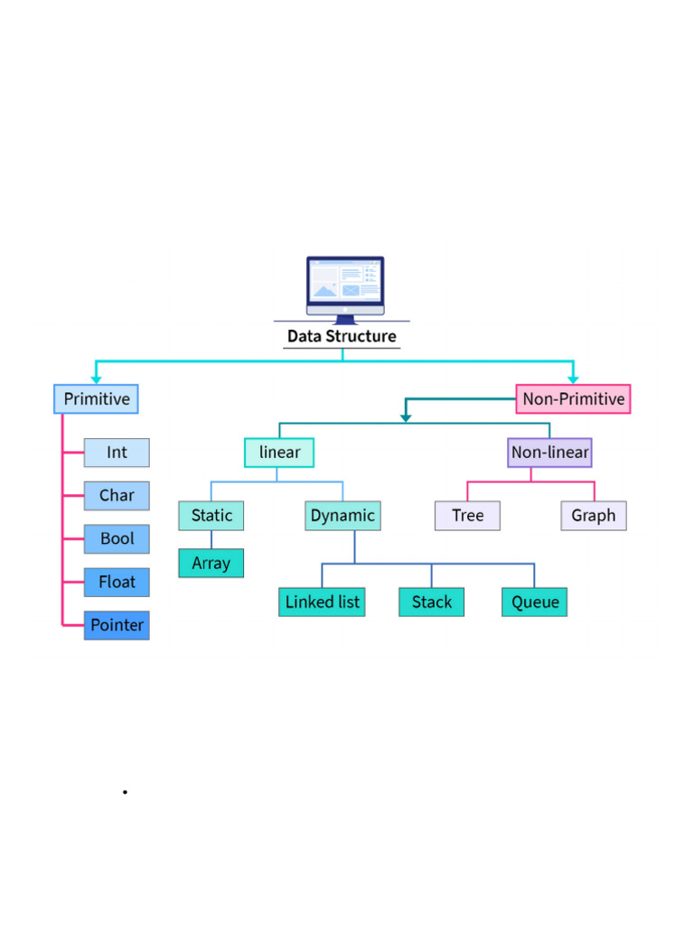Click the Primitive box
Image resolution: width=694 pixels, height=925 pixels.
[96, 399]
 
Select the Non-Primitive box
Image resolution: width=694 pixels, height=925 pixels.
[573, 399]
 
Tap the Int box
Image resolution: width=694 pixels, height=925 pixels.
[117, 453]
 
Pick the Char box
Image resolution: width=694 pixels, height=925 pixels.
[117, 496]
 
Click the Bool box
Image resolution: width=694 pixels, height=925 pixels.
[117, 539]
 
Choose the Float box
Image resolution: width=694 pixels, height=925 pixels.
[117, 583]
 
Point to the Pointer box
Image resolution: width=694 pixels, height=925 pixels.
[117, 625]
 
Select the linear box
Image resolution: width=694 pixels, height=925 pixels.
[279, 453]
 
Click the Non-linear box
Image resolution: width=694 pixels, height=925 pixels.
[549, 453]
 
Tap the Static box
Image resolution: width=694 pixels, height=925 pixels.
[211, 516]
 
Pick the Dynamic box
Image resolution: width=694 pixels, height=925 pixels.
[342, 516]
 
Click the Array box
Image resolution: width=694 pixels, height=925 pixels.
[211, 564]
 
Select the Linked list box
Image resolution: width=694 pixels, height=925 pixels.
[322, 603]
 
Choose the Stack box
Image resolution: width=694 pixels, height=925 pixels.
[431, 603]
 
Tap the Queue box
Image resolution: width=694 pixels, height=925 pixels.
[534, 603]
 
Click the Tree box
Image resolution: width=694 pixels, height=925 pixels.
[467, 516]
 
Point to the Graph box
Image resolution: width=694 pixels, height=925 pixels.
[593, 516]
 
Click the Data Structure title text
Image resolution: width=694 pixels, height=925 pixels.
[342, 337]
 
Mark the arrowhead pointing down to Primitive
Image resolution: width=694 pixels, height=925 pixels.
[96, 379]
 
